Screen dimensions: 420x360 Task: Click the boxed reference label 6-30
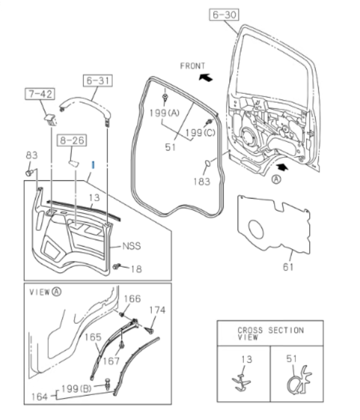coord(223,16)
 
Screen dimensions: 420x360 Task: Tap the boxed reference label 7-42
coord(39,95)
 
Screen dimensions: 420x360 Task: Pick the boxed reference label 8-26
coord(73,141)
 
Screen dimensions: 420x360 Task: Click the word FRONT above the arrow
coord(193,66)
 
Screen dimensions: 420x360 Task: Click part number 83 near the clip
coord(31,155)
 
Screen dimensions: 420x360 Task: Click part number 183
coord(202,181)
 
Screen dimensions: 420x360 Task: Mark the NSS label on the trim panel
coord(131,247)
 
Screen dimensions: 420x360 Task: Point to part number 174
coord(157,310)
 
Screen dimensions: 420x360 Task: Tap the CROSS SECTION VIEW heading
coord(270,334)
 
